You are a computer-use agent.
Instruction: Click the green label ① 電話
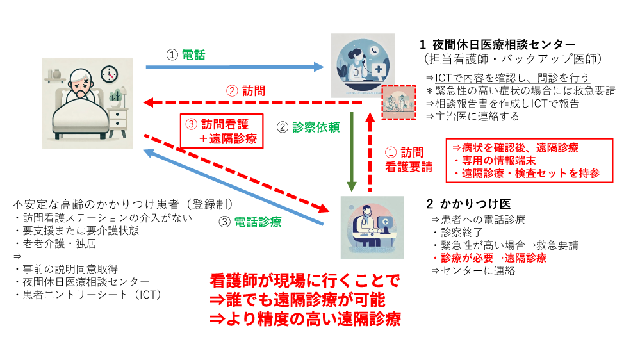[x=185, y=55]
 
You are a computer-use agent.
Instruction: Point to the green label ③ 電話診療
[x=250, y=222]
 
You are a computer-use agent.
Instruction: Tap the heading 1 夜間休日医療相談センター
[x=497, y=44]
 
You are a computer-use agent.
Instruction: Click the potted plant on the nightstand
[x=117, y=95]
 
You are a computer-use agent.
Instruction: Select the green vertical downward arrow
[x=351, y=154]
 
